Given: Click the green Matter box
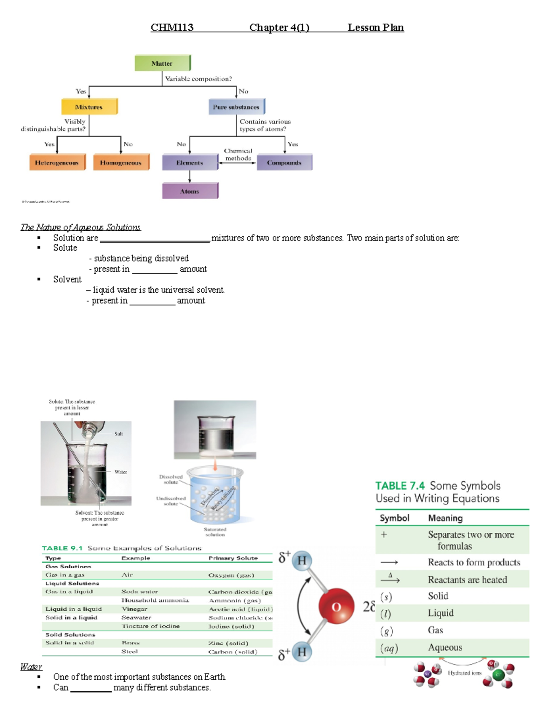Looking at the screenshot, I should pos(162,63).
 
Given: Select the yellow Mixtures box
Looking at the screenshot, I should pos(89,107).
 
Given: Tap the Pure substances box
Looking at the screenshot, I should pos(236,107).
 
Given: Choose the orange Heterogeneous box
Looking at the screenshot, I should pos(57,162).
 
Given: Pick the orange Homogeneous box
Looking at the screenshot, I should pos(121,162).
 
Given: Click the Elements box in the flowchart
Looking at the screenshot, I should pos(190,162).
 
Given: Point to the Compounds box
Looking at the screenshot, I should pos(284,162).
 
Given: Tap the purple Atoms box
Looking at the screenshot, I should pos(190,191).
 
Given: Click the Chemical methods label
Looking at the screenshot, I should pos(238,154).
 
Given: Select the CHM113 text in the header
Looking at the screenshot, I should pos(172,28).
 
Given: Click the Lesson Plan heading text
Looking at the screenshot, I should pos(375,28).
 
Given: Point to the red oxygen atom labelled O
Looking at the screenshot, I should pos(336,607).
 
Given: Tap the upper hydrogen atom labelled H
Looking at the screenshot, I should pos(302,560).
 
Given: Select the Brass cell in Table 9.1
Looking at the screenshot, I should pos(131,643).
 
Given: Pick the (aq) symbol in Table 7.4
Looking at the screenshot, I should pos(389,648).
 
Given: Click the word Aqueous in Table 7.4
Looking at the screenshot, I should pos(445,648).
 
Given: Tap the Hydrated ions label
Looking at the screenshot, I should pos(464,673).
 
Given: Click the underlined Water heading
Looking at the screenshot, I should pos(31,667).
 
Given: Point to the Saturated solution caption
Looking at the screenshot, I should pos(215,532).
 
